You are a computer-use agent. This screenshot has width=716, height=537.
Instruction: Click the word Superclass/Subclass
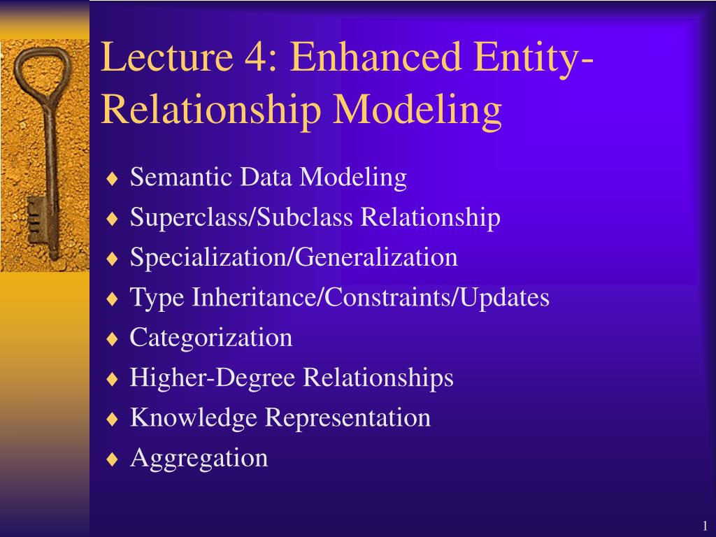coord(241,217)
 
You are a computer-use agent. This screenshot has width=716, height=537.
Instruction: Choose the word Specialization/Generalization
coord(294,258)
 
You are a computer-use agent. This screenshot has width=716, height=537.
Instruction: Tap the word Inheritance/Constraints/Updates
coord(371,298)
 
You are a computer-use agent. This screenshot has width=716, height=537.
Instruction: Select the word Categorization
coord(210,338)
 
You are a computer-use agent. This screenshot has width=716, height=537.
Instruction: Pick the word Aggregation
coord(199,459)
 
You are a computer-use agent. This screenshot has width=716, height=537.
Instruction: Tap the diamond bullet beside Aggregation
coord(113,459)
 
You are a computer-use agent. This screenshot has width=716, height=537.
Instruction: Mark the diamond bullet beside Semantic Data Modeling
coord(113,178)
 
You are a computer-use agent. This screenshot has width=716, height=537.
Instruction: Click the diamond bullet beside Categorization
coord(113,339)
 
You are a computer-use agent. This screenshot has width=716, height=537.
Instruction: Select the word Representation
coord(347,418)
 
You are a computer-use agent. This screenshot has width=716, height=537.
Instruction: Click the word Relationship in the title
coord(211,110)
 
